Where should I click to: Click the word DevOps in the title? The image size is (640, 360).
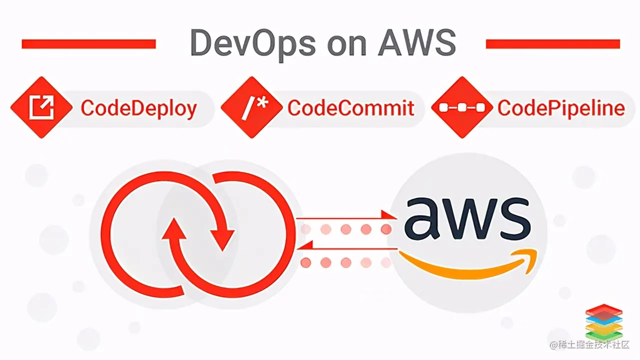coord(252,44)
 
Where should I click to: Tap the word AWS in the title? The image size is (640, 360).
coord(416,43)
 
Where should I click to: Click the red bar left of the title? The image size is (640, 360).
coord(88,44)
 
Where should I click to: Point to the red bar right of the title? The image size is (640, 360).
coord(552,44)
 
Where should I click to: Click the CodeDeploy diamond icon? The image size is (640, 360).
coord(41,108)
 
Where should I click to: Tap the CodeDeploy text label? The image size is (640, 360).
coord(138,108)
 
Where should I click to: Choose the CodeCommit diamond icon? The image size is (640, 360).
coord(251,108)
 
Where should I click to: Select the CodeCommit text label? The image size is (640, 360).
coord(351,108)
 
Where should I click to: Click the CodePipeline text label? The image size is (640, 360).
coord(561,108)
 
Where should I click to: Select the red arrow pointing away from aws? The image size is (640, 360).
coord(350,245)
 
